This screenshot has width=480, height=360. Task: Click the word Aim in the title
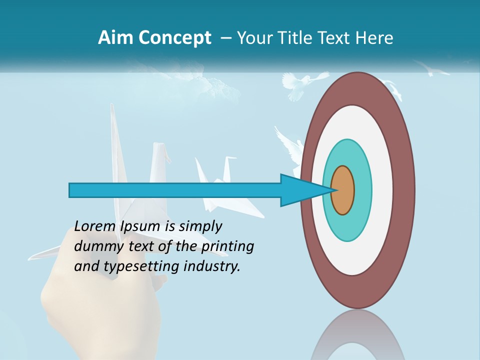click(x=115, y=38)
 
